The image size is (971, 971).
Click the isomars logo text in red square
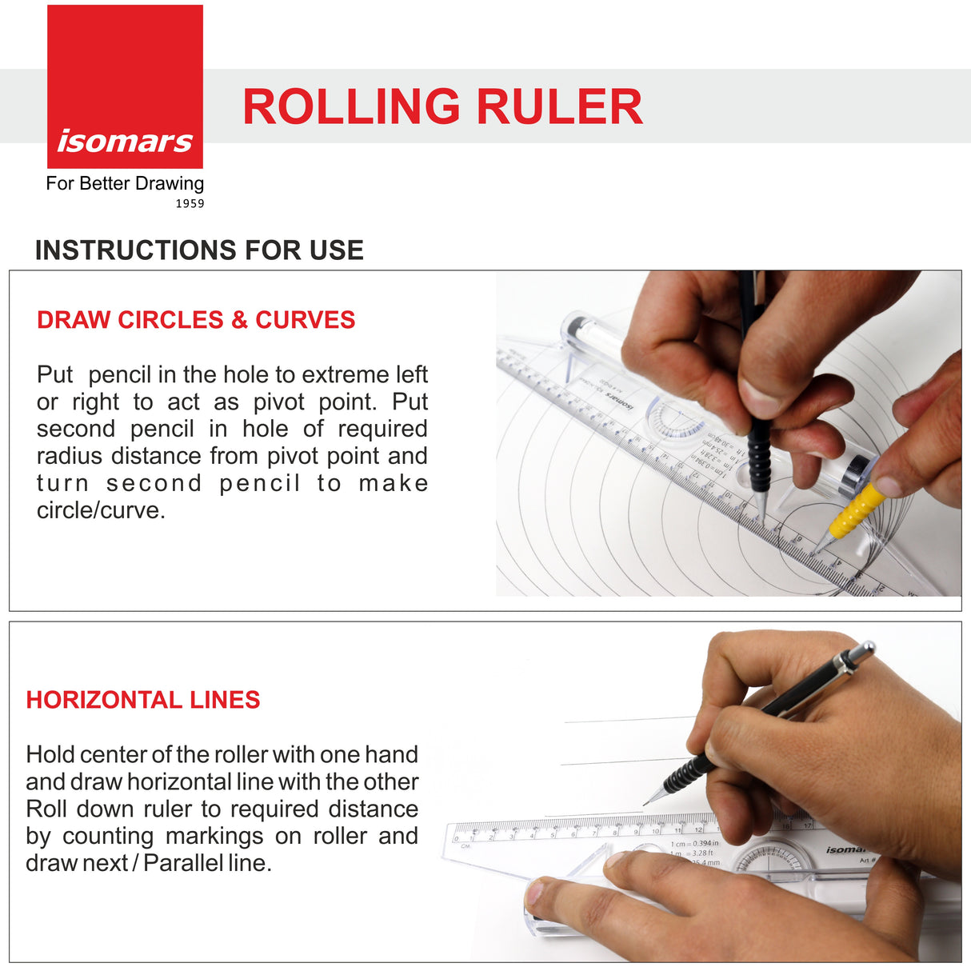[125, 141]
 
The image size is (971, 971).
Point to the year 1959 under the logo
[190, 204]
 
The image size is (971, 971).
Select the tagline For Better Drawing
[125, 183]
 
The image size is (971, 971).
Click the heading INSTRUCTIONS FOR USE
[199, 250]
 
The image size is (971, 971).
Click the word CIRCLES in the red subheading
[170, 320]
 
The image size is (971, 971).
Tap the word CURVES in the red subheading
[305, 320]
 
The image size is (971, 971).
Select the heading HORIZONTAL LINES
[143, 700]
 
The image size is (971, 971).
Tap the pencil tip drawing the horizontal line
[646, 802]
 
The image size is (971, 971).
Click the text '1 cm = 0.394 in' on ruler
[694, 843]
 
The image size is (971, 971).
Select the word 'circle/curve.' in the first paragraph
[101, 510]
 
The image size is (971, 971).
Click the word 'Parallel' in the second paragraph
[183, 864]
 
